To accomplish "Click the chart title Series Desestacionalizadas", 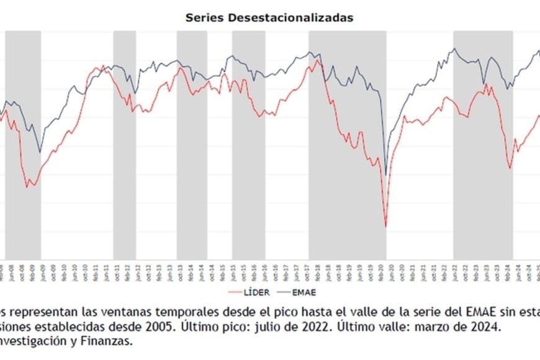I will pos(269,17).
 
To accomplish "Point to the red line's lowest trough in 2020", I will pos(385,226).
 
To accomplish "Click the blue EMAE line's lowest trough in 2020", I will pos(385,175).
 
